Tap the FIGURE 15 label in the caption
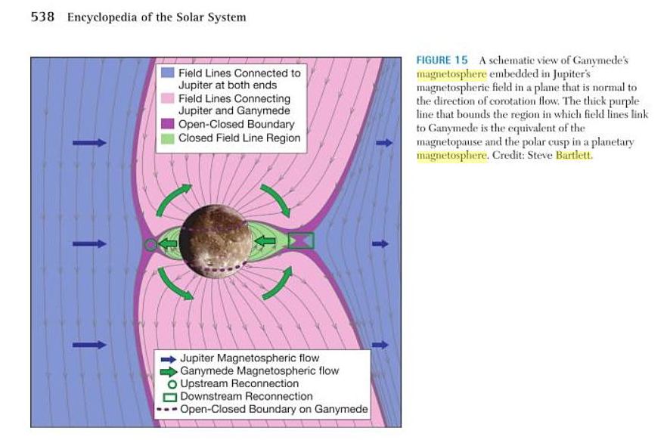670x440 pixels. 442,60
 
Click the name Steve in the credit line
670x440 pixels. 541,155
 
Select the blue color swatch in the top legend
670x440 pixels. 167,73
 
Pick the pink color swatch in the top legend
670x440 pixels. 167,99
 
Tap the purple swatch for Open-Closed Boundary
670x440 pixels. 167,125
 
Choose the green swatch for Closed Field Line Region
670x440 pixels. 167,138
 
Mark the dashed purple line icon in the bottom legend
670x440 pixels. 169,410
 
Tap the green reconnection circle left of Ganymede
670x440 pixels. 151,244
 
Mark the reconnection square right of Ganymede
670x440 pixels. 300,241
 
